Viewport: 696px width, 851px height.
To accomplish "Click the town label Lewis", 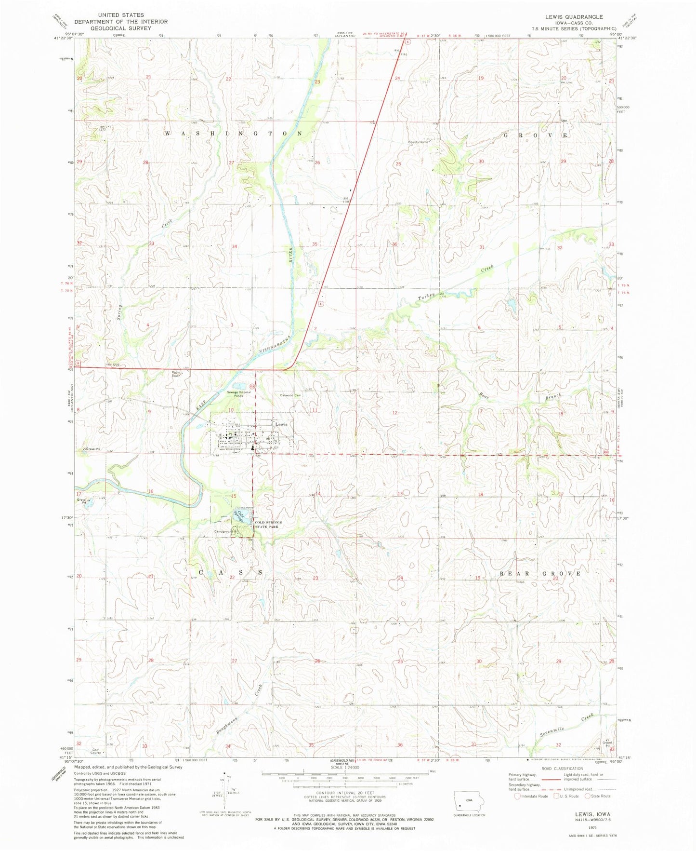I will click(x=281, y=424).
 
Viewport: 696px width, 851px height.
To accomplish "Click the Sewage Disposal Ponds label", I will click(x=239, y=393).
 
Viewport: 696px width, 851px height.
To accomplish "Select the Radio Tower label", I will click(x=176, y=374).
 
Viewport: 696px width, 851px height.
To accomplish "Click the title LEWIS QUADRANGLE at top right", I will click(x=574, y=17).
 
